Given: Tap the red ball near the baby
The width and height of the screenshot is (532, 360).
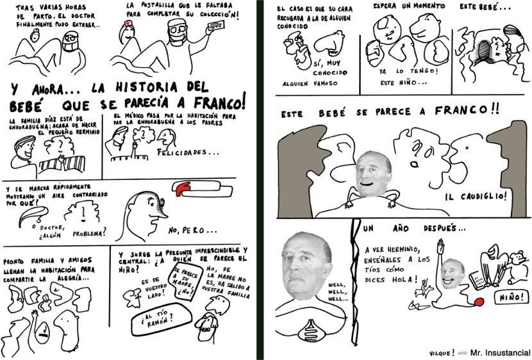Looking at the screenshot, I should pos(479,299).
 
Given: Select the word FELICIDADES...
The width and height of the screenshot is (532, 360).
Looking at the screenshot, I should pos(187,152).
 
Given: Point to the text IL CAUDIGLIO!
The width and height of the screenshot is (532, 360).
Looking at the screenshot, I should pos(475,196).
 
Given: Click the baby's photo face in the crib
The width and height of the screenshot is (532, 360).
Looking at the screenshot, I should pos(373,175).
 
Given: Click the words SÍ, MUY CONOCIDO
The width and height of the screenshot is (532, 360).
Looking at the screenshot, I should pos(328,68).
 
